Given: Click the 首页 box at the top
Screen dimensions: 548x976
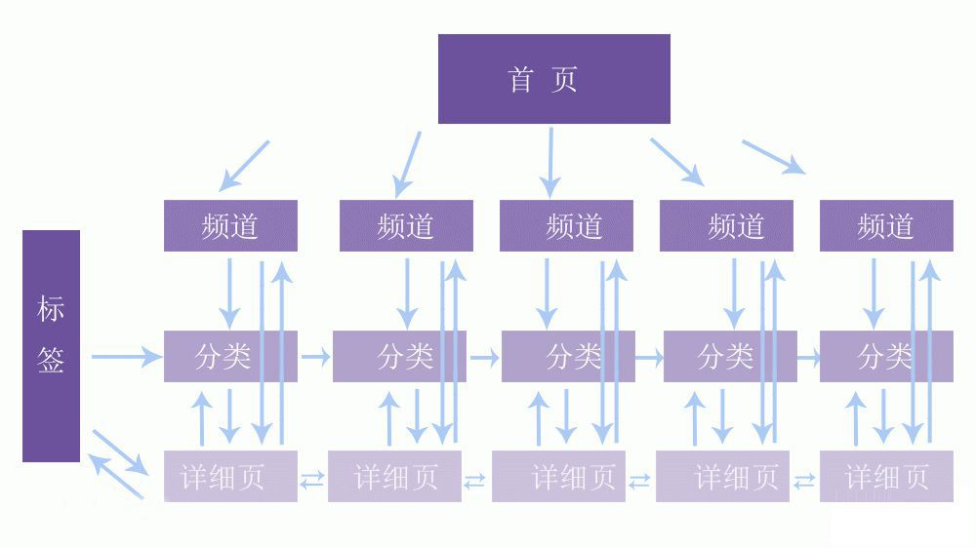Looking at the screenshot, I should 553,79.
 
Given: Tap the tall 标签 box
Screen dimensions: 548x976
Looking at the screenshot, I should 51,345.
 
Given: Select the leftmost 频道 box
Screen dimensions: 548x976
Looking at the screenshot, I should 230,226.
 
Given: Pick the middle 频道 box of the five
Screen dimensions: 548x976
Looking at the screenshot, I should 566,226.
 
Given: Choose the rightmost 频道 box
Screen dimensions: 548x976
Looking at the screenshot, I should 886,226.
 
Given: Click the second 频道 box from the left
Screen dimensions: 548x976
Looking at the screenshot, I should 406,226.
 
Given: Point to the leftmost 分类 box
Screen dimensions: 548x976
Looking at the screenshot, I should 230,356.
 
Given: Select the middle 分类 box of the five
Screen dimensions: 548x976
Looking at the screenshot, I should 568,356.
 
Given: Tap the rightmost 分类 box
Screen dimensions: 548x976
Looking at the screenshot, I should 886,356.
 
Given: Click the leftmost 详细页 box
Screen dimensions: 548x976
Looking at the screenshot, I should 230,477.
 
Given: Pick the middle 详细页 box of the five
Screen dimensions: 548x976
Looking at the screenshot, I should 558,477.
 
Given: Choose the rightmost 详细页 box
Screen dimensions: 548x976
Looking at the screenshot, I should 886,477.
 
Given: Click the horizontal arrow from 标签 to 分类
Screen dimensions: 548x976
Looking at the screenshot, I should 126,357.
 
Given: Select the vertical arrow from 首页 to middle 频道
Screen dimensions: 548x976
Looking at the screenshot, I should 550,161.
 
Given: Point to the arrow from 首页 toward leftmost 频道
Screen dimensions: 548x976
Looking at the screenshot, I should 244,165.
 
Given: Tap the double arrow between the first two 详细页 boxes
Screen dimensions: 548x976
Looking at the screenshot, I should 312,479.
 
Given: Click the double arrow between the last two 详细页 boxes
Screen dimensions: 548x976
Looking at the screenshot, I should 804,480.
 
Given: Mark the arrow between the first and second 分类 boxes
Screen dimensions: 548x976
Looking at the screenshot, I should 315,358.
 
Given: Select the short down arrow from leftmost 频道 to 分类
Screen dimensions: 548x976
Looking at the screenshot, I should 229,292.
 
